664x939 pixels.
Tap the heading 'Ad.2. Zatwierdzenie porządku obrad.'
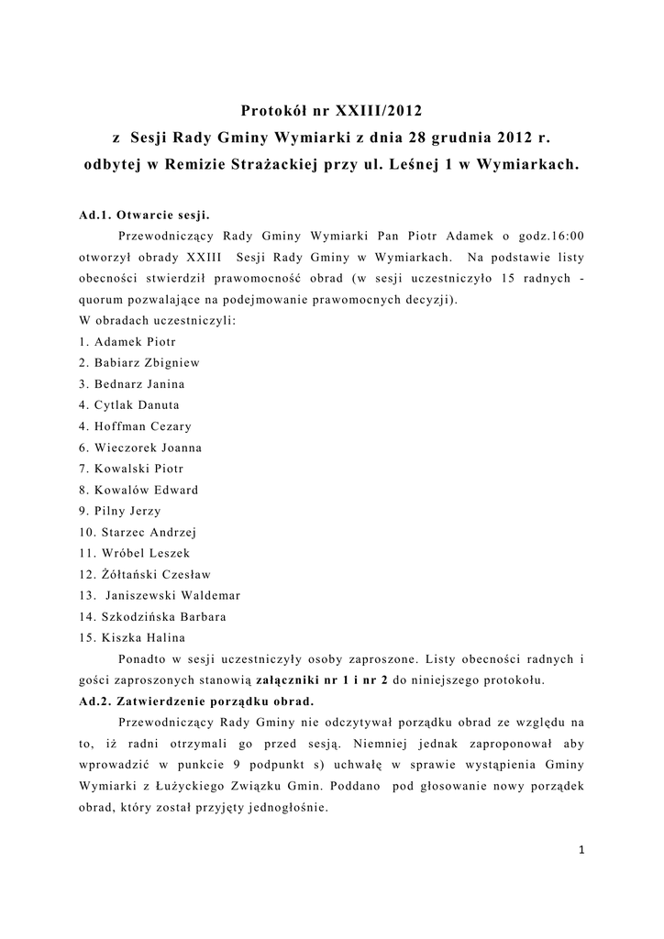196,701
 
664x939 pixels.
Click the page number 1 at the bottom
581,850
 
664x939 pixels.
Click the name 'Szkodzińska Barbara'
160,617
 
